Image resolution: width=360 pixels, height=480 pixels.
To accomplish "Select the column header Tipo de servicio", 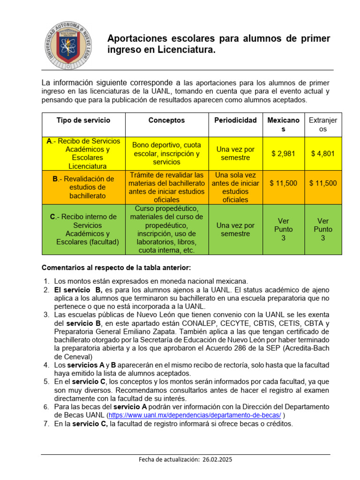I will [83, 120].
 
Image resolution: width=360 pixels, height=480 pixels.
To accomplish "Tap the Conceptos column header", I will [166, 120].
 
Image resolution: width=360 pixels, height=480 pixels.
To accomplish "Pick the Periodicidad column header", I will [235, 120].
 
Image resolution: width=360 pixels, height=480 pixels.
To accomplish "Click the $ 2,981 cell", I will [283, 153].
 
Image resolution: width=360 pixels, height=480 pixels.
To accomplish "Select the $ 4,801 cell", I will [322, 153].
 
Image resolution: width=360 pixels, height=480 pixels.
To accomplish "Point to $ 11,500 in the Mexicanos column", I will [283, 183].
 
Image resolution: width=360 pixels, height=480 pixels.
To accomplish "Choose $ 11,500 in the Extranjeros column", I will [322, 183].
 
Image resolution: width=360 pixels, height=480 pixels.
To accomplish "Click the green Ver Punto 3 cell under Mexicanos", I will [283, 229].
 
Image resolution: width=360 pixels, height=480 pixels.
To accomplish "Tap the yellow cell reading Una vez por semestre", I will [235, 153].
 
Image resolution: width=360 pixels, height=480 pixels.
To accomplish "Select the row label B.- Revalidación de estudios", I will [83, 187].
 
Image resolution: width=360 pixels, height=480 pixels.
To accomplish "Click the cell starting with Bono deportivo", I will [166, 153].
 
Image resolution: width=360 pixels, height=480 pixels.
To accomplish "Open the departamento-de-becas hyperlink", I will [195, 415].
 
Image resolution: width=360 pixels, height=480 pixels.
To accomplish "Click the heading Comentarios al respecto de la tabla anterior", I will [116, 268].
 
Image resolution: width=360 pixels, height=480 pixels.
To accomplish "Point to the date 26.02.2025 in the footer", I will [217, 460].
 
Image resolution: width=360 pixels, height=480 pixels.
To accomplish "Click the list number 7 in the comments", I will [46, 424].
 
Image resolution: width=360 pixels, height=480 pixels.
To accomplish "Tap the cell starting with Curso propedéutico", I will [166, 229].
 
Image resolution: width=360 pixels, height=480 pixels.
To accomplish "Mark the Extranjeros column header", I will [322, 125].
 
